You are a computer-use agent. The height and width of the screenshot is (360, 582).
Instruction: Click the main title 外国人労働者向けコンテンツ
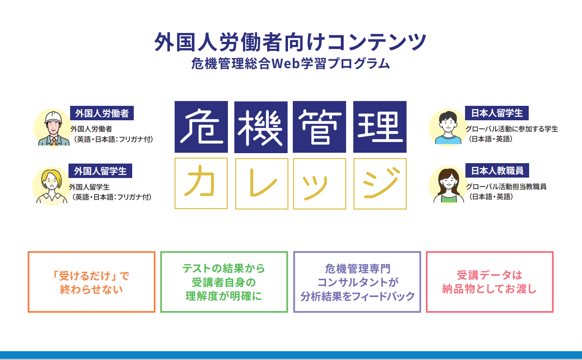(290, 42)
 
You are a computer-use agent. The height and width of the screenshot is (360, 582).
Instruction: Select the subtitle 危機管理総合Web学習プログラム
(290, 63)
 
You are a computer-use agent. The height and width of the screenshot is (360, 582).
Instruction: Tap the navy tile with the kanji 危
(201, 127)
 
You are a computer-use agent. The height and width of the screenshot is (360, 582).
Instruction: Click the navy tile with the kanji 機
(261, 127)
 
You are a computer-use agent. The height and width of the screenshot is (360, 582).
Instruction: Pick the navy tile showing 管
(319, 127)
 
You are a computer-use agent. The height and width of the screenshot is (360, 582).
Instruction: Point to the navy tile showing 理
(380, 127)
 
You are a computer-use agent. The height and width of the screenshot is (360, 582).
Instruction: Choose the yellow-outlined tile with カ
(201, 183)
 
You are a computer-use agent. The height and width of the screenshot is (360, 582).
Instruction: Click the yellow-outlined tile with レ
(262, 184)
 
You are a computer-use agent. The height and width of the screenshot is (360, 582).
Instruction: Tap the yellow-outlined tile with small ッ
(320, 184)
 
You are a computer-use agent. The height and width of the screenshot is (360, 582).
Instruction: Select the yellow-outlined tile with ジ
(380, 184)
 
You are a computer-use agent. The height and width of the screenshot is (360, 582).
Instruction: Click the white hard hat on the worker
(53, 117)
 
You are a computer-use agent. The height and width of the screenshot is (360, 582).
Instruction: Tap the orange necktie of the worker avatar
(54, 142)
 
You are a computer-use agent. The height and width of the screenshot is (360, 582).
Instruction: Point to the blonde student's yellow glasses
(51, 181)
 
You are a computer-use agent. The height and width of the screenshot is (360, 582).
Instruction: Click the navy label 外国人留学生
(100, 171)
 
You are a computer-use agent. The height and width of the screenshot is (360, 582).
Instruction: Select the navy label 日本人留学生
(497, 113)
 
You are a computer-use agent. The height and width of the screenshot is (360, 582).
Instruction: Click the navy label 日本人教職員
(497, 170)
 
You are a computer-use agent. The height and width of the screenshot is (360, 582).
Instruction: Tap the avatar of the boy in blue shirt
(448, 128)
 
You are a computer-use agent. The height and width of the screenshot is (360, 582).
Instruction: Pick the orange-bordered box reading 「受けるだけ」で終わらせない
(91, 282)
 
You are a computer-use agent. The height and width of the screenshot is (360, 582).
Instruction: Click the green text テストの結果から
(224, 269)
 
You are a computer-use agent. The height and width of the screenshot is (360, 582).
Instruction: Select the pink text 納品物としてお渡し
(489, 289)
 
